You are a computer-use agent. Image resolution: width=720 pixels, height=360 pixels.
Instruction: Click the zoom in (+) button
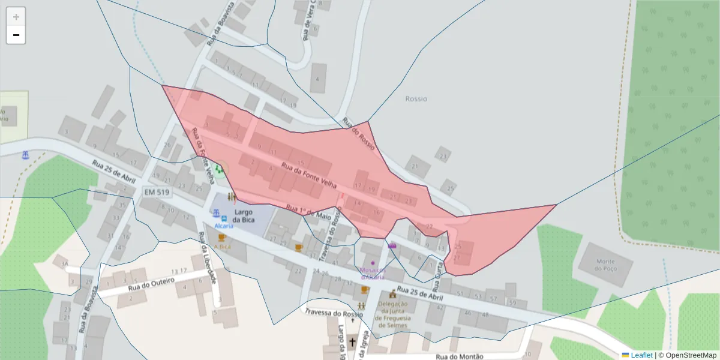point(16,16)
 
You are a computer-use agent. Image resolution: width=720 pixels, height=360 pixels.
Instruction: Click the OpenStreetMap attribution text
point(688,355)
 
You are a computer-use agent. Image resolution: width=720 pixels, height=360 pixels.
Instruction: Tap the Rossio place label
point(416,98)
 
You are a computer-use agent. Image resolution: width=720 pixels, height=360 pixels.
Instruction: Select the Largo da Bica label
point(244,216)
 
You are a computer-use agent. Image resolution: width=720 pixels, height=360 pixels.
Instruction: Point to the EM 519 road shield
point(157,192)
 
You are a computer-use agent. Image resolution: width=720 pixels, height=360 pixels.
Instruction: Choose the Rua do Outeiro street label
point(151,284)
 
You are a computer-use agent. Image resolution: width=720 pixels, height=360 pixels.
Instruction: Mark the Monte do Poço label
point(605,265)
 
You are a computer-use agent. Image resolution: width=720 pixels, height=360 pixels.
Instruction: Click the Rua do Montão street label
point(459,356)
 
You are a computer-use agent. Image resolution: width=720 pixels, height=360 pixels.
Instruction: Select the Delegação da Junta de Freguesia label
point(393,314)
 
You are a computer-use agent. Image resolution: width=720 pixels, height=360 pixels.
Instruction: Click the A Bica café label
point(222,247)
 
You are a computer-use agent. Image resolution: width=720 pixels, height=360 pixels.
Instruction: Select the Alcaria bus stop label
point(224,226)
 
